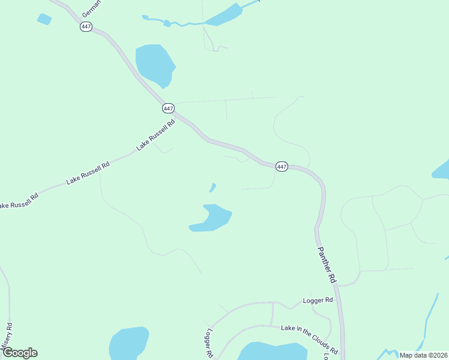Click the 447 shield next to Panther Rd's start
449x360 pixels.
coord(282,166)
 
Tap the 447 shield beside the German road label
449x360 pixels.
coord(86,27)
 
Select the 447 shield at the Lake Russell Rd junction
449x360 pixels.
coord(168,108)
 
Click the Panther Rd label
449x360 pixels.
coord(327,256)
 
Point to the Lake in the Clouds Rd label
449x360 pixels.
coord(309,340)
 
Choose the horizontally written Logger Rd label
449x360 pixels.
coord(318,300)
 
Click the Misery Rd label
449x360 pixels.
coord(7,340)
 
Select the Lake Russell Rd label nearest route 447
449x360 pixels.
coord(155,134)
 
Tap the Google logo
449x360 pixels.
coord(19,353)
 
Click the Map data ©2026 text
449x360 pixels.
coord(423,355)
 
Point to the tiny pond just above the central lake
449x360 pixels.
coord(212,187)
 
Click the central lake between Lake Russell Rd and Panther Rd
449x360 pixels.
coord(212,218)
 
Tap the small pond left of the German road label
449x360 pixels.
coord(44,19)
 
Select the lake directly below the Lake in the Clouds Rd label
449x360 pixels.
coord(273,352)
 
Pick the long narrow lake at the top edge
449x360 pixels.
coord(223,15)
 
